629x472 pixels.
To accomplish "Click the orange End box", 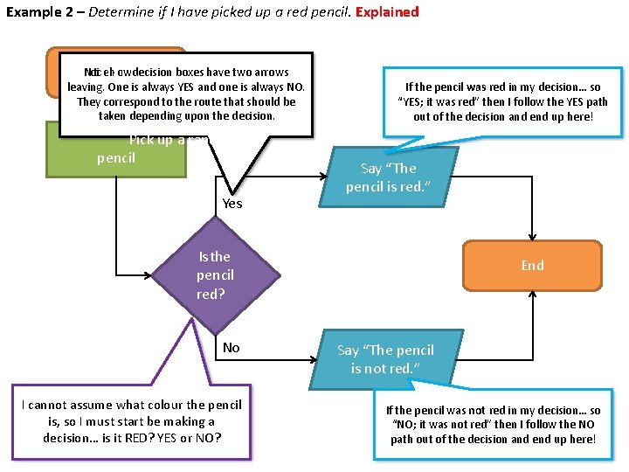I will (532, 265).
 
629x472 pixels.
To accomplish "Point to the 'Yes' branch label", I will (232, 204).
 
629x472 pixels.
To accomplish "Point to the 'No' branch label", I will (231, 348).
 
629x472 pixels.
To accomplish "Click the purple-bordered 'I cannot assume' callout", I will (131, 420).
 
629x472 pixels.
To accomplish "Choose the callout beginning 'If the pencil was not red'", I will (493, 424).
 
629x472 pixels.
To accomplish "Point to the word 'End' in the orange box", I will (532, 265).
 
